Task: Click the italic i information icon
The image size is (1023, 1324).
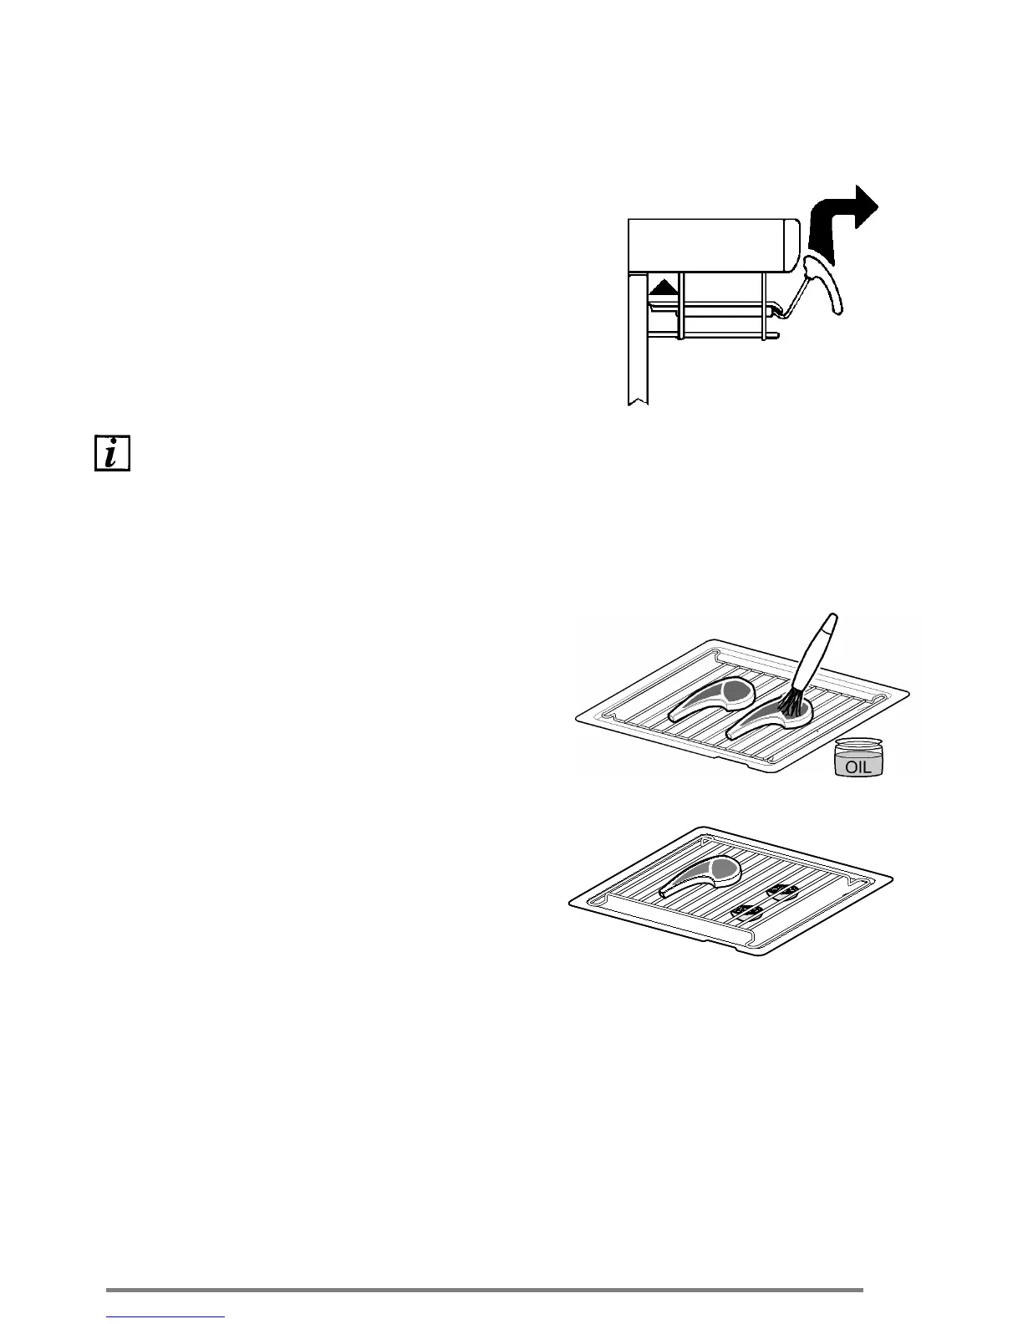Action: tap(112, 452)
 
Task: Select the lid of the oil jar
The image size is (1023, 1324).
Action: tap(859, 744)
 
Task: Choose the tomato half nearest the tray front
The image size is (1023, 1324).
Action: tap(746, 912)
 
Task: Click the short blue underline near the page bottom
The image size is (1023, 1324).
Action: tap(166, 1318)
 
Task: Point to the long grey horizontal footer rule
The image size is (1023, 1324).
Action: tap(485, 1290)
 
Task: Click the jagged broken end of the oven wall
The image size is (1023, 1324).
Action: tap(637, 403)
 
